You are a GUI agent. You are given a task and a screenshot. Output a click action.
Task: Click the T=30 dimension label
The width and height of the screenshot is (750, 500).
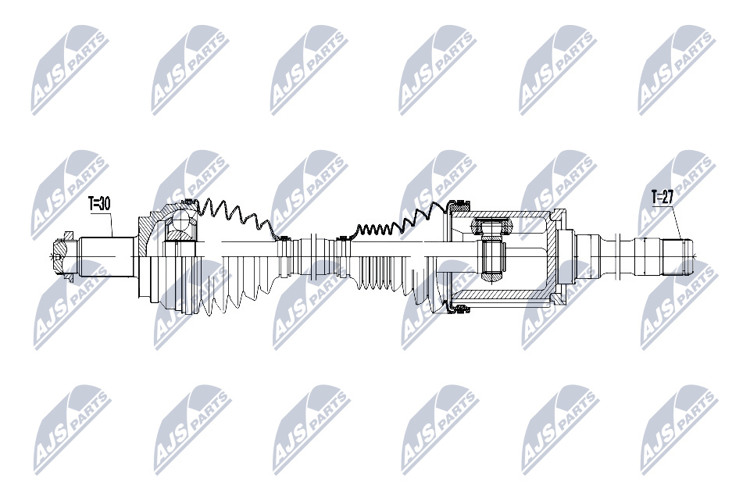click(99, 204)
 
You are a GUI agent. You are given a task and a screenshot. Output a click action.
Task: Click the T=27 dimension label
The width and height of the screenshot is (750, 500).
click(663, 196)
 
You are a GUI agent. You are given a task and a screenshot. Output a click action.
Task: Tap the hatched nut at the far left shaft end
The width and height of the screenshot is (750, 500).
click(62, 257)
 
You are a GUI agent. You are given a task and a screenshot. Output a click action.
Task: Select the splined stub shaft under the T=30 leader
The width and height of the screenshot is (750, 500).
click(106, 257)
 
